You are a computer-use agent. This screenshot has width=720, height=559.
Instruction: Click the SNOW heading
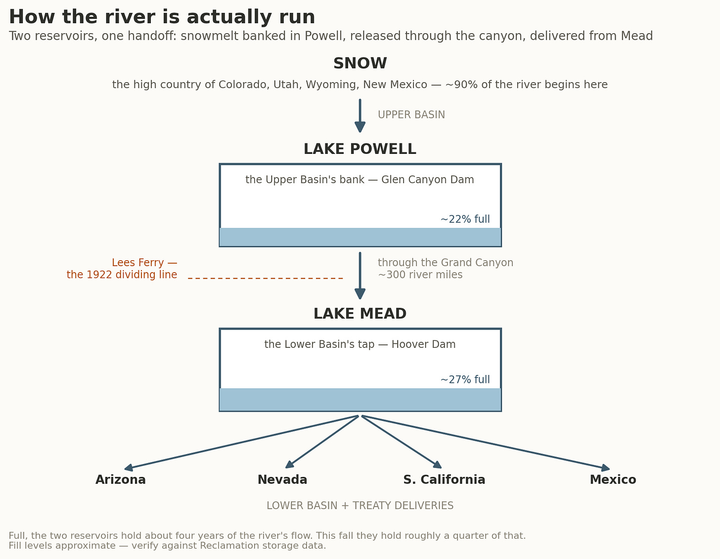[x=360, y=63]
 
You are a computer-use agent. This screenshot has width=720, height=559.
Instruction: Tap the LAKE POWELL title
[x=360, y=149]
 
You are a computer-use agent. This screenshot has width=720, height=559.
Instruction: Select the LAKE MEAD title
[x=360, y=314]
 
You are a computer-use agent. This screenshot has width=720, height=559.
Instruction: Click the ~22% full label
[x=465, y=219]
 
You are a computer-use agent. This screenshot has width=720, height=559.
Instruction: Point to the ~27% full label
[x=465, y=379]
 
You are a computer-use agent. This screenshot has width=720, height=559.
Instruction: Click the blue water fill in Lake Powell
[x=360, y=237]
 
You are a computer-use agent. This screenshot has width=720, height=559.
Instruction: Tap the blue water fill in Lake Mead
[x=360, y=399]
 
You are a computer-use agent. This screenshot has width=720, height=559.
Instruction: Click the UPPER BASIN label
[x=411, y=115]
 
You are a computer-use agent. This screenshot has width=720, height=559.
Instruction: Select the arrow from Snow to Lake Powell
[x=360, y=116]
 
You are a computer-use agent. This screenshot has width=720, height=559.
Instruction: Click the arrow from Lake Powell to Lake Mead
[x=360, y=276]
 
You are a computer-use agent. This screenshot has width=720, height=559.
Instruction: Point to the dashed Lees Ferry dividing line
[x=266, y=279]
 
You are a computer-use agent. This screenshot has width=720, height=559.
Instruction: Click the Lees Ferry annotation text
[x=122, y=269]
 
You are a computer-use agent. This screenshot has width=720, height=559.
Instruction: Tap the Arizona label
[x=121, y=479]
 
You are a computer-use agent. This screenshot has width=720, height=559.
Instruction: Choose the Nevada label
[x=282, y=479]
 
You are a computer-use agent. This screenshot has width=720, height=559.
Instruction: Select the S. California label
[x=445, y=479]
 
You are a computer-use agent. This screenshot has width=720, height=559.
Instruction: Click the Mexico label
[x=613, y=479]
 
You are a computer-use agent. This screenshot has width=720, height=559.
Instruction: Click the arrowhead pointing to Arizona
[x=129, y=467]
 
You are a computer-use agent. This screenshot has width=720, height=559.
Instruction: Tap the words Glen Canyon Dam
[x=427, y=180]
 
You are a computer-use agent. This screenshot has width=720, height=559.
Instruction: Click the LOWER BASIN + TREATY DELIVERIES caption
[x=360, y=506]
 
